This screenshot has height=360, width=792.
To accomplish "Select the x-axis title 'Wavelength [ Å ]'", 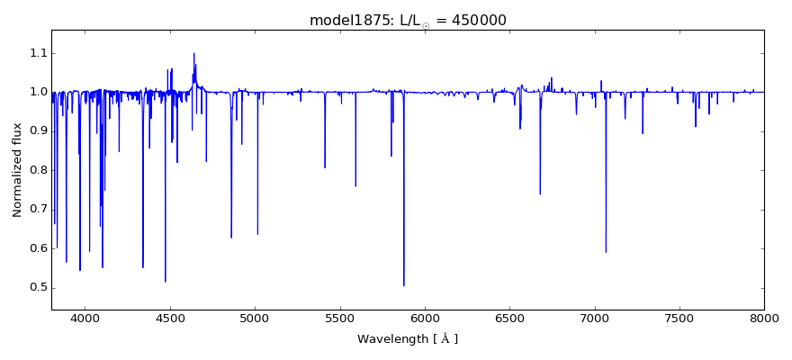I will click(408, 339).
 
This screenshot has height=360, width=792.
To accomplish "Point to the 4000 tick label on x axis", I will click(85, 317).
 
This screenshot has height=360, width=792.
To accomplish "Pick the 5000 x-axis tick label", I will click(255, 317).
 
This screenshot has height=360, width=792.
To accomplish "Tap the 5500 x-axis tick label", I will click(340, 317).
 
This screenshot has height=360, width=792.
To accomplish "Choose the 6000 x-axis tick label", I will click(425, 317).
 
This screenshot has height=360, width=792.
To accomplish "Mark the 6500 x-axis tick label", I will click(509, 317).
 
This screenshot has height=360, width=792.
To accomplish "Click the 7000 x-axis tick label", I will click(595, 317).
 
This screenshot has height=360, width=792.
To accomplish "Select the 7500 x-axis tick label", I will click(679, 317).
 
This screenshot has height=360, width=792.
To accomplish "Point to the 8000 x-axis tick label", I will click(764, 317).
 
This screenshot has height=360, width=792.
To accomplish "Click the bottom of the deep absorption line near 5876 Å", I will click(404, 285).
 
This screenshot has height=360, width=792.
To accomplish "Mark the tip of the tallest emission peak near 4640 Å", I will click(193, 53).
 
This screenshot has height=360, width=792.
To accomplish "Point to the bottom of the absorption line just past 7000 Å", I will click(606, 252).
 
